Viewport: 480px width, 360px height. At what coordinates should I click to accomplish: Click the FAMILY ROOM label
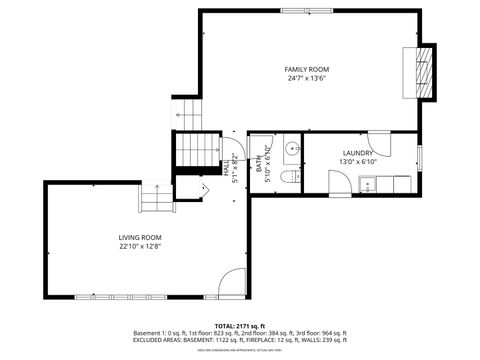[x=306, y=69]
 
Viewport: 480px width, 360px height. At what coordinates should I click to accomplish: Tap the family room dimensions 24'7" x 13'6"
[x=306, y=78]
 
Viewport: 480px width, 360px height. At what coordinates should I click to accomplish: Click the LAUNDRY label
[x=357, y=153]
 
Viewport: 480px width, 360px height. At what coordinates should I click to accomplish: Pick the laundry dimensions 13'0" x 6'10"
[x=357, y=162]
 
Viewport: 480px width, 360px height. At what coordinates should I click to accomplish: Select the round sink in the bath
[x=291, y=150]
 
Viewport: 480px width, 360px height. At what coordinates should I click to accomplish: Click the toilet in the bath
[x=290, y=177]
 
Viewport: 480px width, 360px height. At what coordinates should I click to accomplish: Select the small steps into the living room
[x=154, y=199]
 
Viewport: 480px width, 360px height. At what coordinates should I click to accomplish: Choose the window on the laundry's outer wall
[x=418, y=158]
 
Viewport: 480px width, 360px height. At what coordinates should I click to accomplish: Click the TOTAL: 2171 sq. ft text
[x=240, y=325]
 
